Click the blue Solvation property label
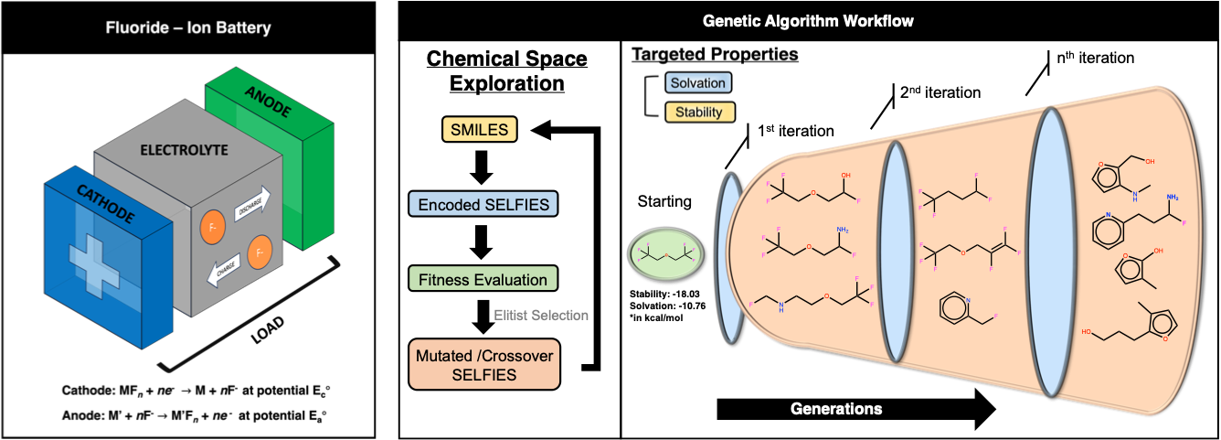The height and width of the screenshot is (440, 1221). pyautogui.click(x=698, y=83)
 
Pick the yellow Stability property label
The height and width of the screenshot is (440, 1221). pyautogui.click(x=698, y=113)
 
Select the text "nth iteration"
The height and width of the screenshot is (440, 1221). pyautogui.click(x=1089, y=58)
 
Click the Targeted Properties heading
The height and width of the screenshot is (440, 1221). pyautogui.click(x=715, y=54)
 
